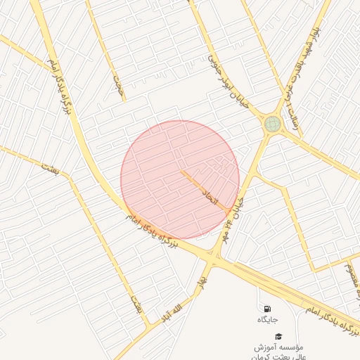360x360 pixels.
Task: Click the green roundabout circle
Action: pyautogui.click(x=272, y=124)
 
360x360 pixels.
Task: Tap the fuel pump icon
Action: pyautogui.click(x=267, y=308)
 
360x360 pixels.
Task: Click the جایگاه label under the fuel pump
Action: pyautogui.click(x=267, y=320)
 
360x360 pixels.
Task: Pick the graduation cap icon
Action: pyautogui.click(x=278, y=337)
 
